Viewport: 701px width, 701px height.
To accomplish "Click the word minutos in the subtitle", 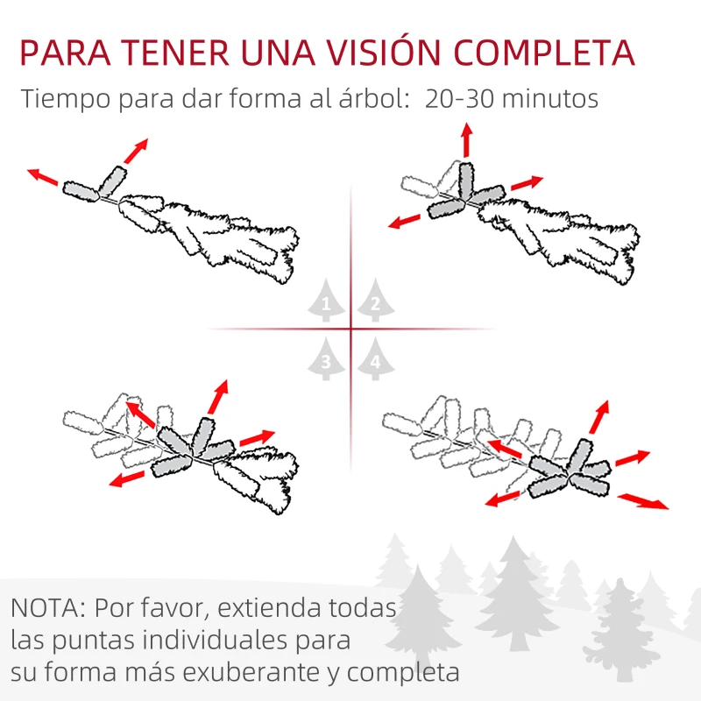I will point(551,98).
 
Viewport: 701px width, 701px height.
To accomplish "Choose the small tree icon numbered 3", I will point(326,359).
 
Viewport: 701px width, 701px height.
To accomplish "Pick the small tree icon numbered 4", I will point(375,359).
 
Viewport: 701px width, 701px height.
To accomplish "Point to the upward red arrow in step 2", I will point(466,140).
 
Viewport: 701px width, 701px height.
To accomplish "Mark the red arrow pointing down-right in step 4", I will point(643,501).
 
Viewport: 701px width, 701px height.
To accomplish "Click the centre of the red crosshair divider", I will point(350,330).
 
